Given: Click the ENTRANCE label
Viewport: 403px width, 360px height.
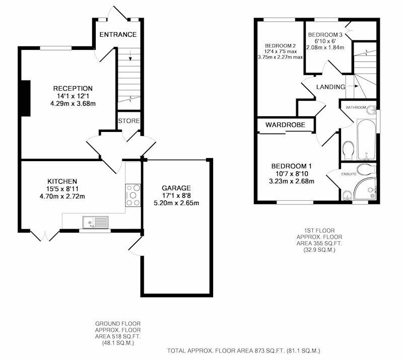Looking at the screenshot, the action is [x=118, y=34].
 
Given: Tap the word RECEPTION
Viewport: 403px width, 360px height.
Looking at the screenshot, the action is [x=73, y=89].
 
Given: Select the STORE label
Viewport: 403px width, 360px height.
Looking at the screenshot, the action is [x=129, y=121].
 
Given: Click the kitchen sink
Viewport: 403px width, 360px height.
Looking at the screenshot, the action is [x=96, y=222].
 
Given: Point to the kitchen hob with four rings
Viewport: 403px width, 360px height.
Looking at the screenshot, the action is [x=133, y=195].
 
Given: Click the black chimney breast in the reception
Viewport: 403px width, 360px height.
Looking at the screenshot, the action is [x=26, y=98].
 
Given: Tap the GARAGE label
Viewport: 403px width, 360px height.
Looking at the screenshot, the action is [x=176, y=188].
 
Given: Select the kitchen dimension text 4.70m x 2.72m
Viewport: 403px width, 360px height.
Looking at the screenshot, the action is [x=62, y=196].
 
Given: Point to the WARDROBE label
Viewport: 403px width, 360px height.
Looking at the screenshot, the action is [x=285, y=125].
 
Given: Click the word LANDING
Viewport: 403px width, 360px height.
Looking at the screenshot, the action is [x=330, y=87].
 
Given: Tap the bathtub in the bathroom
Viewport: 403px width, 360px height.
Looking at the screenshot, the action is [x=366, y=139].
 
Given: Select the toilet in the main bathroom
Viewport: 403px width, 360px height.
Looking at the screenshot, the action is [x=349, y=151].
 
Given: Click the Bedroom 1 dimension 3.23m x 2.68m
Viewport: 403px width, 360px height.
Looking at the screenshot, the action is [x=292, y=181].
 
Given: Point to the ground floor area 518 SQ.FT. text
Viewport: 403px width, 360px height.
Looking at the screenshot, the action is [x=118, y=337].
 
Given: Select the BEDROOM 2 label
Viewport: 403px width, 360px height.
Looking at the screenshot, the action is [x=281, y=46].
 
